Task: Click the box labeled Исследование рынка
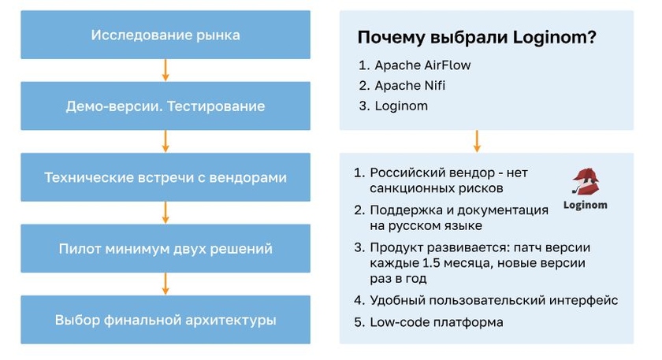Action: [x=165, y=35]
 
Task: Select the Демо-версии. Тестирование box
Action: [x=165, y=106]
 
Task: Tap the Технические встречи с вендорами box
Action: [x=165, y=177]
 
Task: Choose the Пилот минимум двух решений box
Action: [x=165, y=249]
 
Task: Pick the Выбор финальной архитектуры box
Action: [x=165, y=320]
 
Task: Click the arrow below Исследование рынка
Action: [x=165, y=71]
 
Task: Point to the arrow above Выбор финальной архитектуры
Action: [x=165, y=284]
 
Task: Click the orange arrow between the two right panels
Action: [x=477, y=142]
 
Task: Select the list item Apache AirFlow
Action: [x=422, y=65]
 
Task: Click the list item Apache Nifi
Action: [x=411, y=85]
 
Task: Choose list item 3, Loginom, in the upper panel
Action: [x=401, y=106]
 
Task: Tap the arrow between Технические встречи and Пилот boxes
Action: [x=165, y=213]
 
